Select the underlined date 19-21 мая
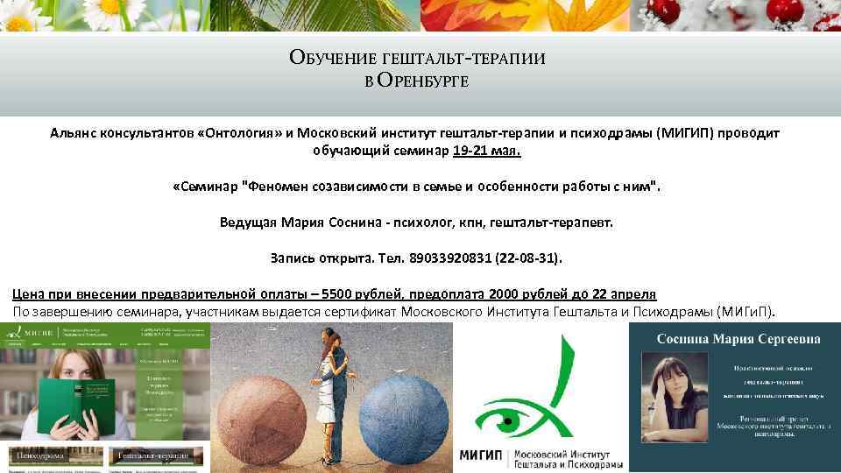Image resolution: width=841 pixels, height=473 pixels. (487, 151)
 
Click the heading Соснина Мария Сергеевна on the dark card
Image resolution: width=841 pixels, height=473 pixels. (734, 338)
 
